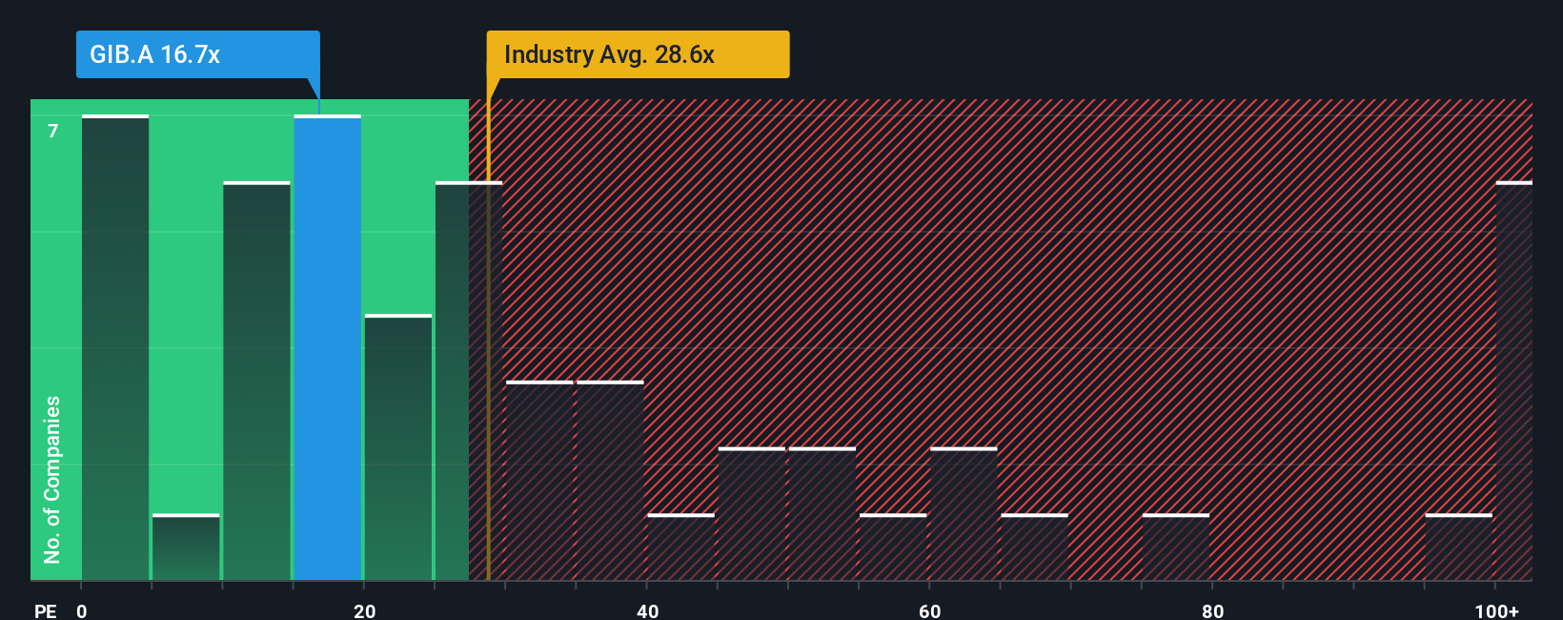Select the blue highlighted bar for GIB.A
[327, 347]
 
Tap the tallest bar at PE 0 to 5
[115, 347]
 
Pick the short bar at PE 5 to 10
[186, 548]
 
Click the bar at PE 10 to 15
[256, 381]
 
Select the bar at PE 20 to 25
[398, 447]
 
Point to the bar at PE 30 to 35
[539, 481]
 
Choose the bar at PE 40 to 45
[680, 548]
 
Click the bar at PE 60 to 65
[964, 514]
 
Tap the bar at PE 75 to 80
[1175, 548]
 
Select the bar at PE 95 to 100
[1458, 548]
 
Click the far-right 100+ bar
[1513, 381]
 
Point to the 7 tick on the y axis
[53, 131]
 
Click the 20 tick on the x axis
[364, 610]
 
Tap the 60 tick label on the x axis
[929, 610]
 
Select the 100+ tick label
[1496, 610]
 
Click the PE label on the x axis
[45, 610]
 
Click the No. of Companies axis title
[52, 479]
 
